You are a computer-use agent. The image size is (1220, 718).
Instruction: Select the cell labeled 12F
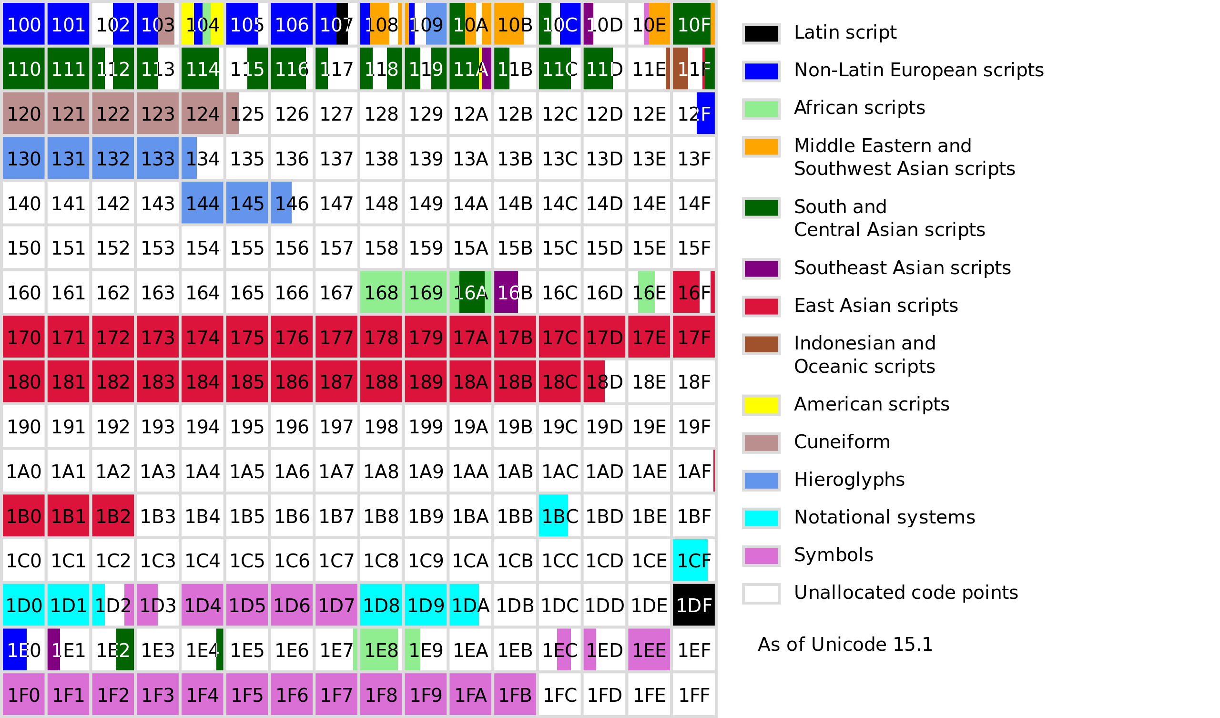point(693,113)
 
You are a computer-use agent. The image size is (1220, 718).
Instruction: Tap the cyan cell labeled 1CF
point(693,560)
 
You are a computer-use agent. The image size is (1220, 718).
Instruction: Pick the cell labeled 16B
point(515,292)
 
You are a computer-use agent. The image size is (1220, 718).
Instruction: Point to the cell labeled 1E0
point(24,650)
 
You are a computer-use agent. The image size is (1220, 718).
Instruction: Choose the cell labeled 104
point(203,24)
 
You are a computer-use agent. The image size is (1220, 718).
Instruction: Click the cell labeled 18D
point(604,381)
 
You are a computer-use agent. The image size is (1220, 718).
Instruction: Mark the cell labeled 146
point(292,203)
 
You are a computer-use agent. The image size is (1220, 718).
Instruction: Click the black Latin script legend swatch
point(761,33)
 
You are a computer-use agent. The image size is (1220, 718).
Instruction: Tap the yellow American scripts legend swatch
point(761,405)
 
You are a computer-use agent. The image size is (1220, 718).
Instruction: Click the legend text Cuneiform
point(842,442)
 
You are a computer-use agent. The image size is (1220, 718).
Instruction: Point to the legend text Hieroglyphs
point(849,480)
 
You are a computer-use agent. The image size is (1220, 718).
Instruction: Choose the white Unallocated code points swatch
point(761,594)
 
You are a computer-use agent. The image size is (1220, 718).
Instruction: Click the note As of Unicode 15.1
point(845,645)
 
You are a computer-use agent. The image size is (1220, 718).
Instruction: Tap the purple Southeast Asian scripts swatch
point(761,268)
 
